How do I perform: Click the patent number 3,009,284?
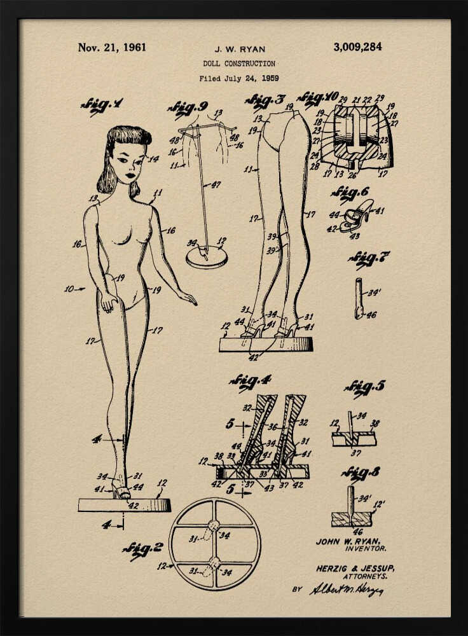(357, 46)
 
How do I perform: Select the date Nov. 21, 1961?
(112, 47)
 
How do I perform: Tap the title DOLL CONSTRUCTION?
(239, 64)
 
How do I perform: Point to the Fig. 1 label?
(102, 105)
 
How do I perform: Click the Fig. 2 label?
(142, 550)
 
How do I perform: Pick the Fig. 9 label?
(188, 107)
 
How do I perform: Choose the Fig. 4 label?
(250, 381)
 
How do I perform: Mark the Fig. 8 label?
(361, 473)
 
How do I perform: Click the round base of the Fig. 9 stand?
(207, 257)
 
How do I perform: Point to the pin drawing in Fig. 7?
(359, 298)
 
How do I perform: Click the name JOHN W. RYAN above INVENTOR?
(348, 541)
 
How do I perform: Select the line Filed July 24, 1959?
(238, 79)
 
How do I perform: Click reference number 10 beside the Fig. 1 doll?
(70, 289)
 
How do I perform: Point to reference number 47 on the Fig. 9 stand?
(216, 184)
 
